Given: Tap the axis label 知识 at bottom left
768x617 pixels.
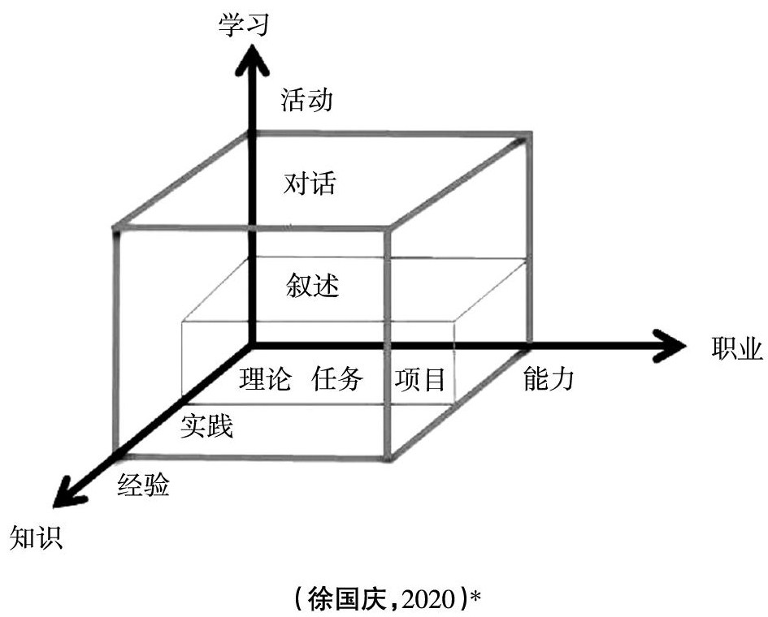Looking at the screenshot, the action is click(x=34, y=537).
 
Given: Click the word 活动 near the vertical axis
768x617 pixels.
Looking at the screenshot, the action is click(x=307, y=100).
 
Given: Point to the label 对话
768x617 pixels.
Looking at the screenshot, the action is click(x=310, y=183).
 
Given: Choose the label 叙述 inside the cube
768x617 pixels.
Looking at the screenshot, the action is click(x=311, y=285).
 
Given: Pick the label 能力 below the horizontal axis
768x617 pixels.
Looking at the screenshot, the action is click(x=549, y=378).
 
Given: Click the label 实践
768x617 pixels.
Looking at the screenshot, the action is click(x=207, y=425).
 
